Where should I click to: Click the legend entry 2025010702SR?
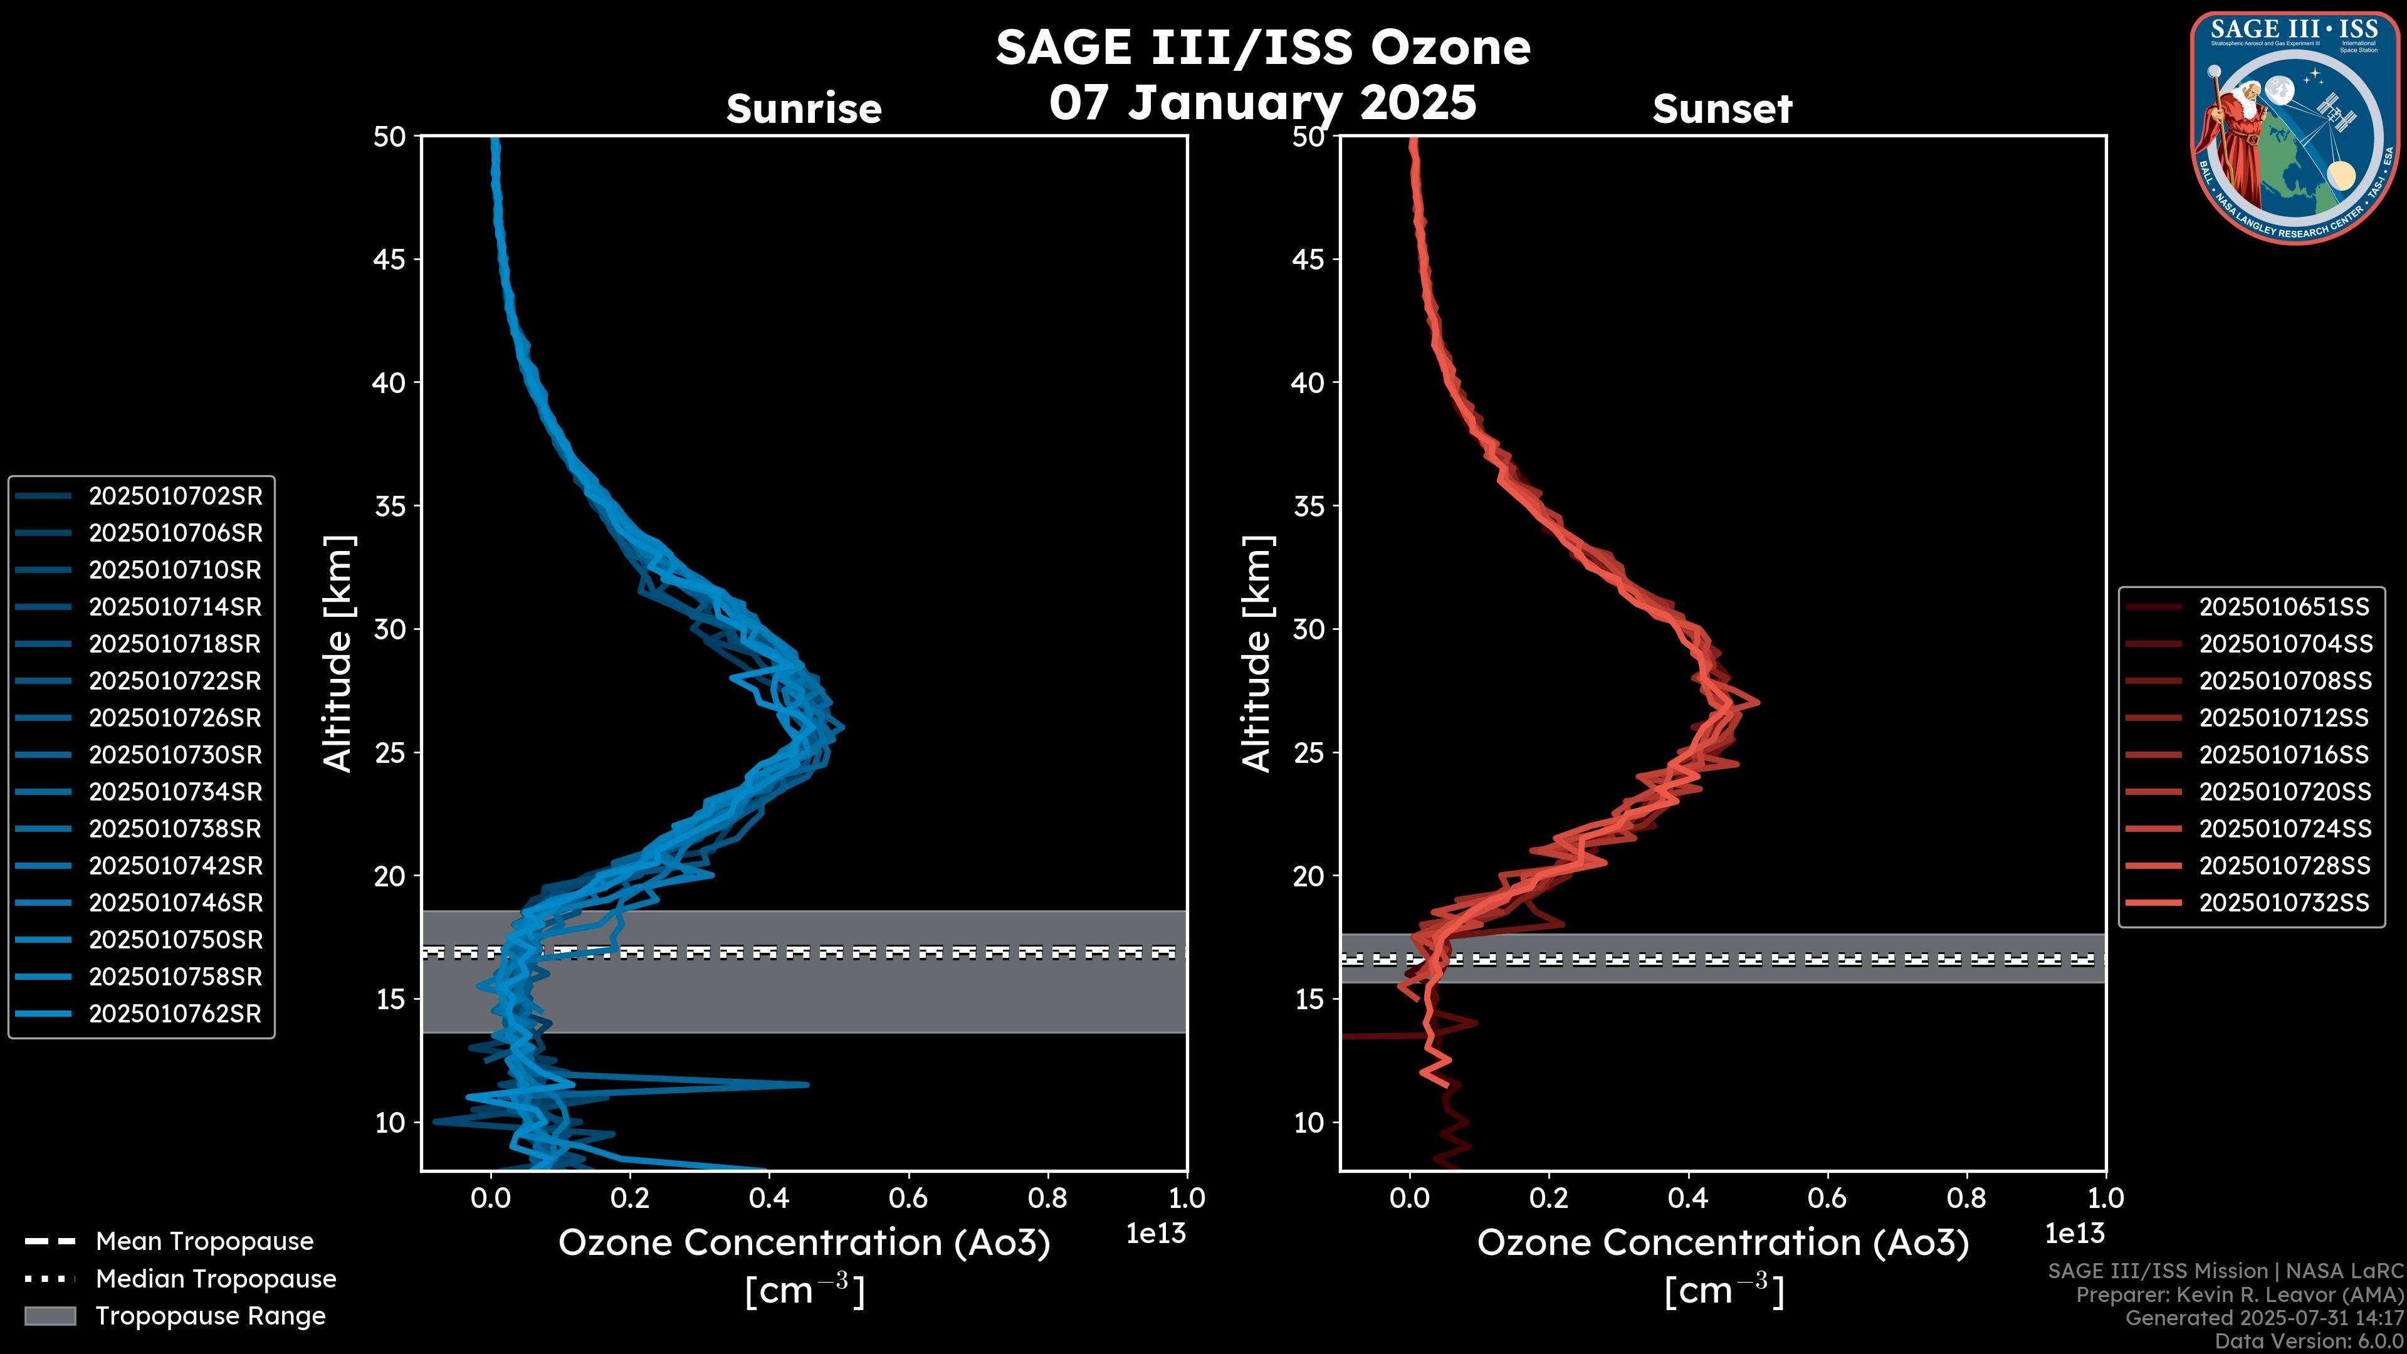(x=175, y=496)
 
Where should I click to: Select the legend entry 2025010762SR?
(x=175, y=1014)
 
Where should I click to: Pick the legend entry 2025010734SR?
(x=175, y=792)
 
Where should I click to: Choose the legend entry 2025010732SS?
(x=2284, y=903)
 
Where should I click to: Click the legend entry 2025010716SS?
(x=2284, y=755)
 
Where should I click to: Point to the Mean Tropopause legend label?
(x=204, y=1242)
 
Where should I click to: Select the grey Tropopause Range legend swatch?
(x=50, y=1316)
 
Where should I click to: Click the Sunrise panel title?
(x=804, y=109)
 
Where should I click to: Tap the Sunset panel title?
(x=1722, y=109)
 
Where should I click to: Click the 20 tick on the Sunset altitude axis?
(x=1308, y=876)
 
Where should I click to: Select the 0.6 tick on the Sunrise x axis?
(x=908, y=1198)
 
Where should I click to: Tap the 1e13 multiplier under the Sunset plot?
(x=2074, y=1234)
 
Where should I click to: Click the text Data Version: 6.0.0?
(x=2308, y=1342)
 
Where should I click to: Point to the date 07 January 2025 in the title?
(x=1262, y=103)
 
